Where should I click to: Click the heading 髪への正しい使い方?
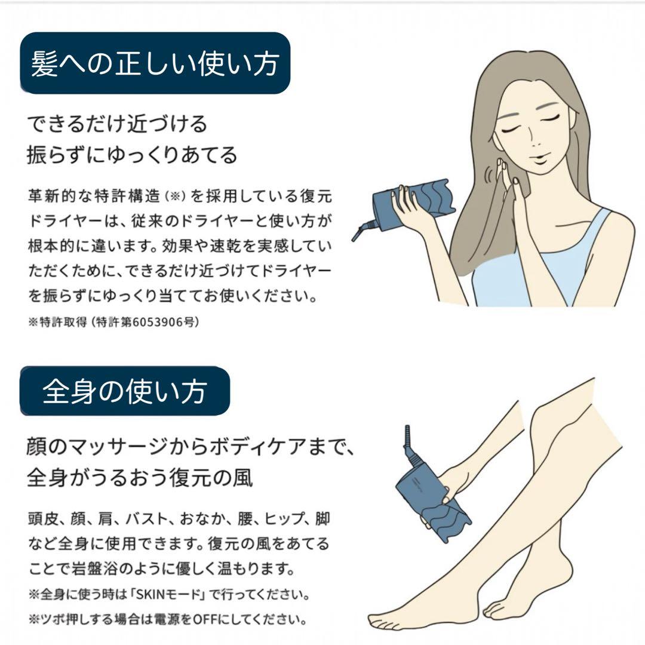pyautogui.click(x=155, y=63)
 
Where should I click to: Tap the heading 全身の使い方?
pyautogui.click(x=125, y=391)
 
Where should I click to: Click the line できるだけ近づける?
pyautogui.click(x=118, y=124)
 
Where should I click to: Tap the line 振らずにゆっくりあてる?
pyautogui.click(x=132, y=155)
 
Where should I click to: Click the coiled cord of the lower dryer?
pyautogui.click(x=410, y=445)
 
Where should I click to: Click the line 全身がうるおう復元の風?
pyautogui.click(x=140, y=477)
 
